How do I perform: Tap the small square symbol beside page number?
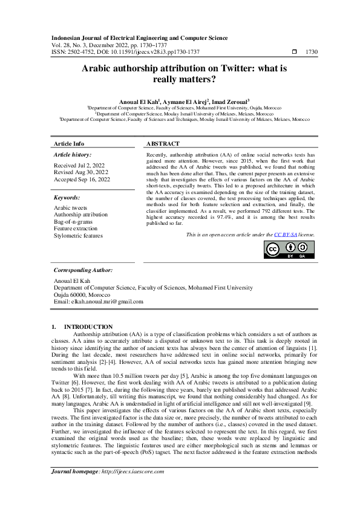click(294, 52)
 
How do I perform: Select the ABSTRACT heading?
click(163, 144)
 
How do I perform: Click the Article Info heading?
click(69, 144)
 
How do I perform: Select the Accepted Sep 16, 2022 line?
click(82, 180)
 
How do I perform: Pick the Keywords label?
click(67, 197)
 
